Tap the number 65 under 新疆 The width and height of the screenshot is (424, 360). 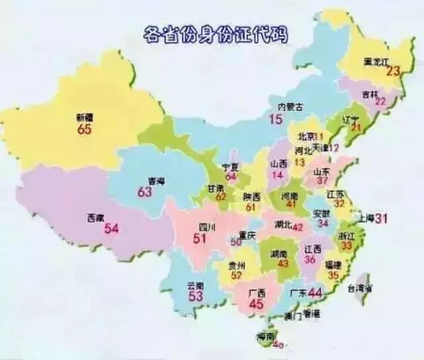point(84,129)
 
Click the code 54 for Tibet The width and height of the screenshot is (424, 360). point(111,229)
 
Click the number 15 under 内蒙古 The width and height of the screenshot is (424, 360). point(276,120)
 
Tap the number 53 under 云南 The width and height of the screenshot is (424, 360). point(196,296)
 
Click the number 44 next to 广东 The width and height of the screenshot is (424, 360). point(315,293)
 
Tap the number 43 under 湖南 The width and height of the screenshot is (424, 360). point(284,263)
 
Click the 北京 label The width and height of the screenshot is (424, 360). point(306,136)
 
